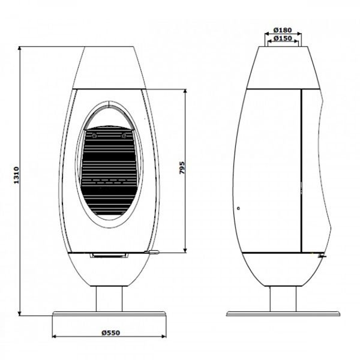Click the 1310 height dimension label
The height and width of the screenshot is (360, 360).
(x=17, y=175)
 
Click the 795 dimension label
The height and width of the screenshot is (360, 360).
(x=182, y=167)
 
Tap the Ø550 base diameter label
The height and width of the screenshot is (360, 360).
(x=111, y=332)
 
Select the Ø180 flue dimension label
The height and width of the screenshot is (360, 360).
(x=283, y=30)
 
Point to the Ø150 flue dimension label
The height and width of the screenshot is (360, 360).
(x=283, y=38)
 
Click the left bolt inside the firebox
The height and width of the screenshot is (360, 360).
(x=94, y=136)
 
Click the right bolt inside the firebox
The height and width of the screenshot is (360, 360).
(x=124, y=136)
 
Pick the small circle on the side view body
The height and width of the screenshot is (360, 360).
(x=239, y=208)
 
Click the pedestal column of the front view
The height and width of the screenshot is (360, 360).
(x=109, y=299)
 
